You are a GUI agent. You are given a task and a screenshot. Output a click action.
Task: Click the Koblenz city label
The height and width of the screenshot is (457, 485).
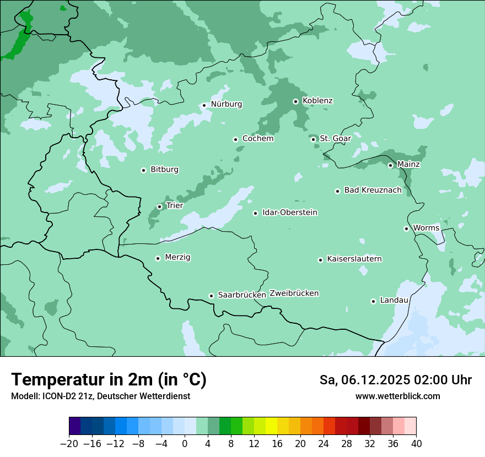[x=317, y=101]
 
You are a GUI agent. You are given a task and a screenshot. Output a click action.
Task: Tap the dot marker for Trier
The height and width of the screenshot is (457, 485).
[x=159, y=206]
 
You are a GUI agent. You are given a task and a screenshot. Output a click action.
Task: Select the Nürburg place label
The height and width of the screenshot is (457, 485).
[x=226, y=104]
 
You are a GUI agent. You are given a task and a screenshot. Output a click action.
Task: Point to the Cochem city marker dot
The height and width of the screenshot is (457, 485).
[x=235, y=139]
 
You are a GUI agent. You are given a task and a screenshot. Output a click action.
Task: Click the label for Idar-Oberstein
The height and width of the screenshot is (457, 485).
[x=289, y=213]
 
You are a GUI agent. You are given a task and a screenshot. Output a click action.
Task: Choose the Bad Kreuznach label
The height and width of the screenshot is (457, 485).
[x=373, y=190]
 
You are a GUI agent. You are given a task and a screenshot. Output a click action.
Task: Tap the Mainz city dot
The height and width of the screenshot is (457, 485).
[x=390, y=165]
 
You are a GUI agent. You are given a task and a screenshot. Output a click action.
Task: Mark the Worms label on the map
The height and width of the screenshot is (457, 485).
[x=426, y=228]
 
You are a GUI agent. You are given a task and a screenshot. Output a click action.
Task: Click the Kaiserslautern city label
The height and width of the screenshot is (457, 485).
[x=354, y=259]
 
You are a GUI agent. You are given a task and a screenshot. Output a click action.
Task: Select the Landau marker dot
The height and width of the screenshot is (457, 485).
[x=373, y=301]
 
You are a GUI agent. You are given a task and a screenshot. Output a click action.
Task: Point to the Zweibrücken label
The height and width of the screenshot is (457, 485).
[x=294, y=293]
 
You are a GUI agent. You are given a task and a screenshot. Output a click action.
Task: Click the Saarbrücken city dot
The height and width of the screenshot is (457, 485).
[x=211, y=296]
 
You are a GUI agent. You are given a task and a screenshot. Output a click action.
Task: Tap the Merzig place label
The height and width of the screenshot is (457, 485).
[x=177, y=257]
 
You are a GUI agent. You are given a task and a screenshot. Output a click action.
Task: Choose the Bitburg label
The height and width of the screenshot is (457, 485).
[x=164, y=170]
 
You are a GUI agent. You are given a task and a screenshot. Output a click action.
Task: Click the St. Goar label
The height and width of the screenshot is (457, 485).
[x=335, y=139]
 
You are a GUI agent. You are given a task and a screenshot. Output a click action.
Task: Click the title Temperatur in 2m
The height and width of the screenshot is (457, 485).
[x=109, y=380]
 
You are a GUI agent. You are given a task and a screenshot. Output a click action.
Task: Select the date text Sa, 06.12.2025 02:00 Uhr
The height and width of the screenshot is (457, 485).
[x=395, y=380]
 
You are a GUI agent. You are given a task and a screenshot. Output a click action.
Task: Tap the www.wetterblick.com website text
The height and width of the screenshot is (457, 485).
[x=397, y=396]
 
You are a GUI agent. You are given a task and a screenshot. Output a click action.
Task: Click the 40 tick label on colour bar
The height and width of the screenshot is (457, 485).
[x=416, y=443]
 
